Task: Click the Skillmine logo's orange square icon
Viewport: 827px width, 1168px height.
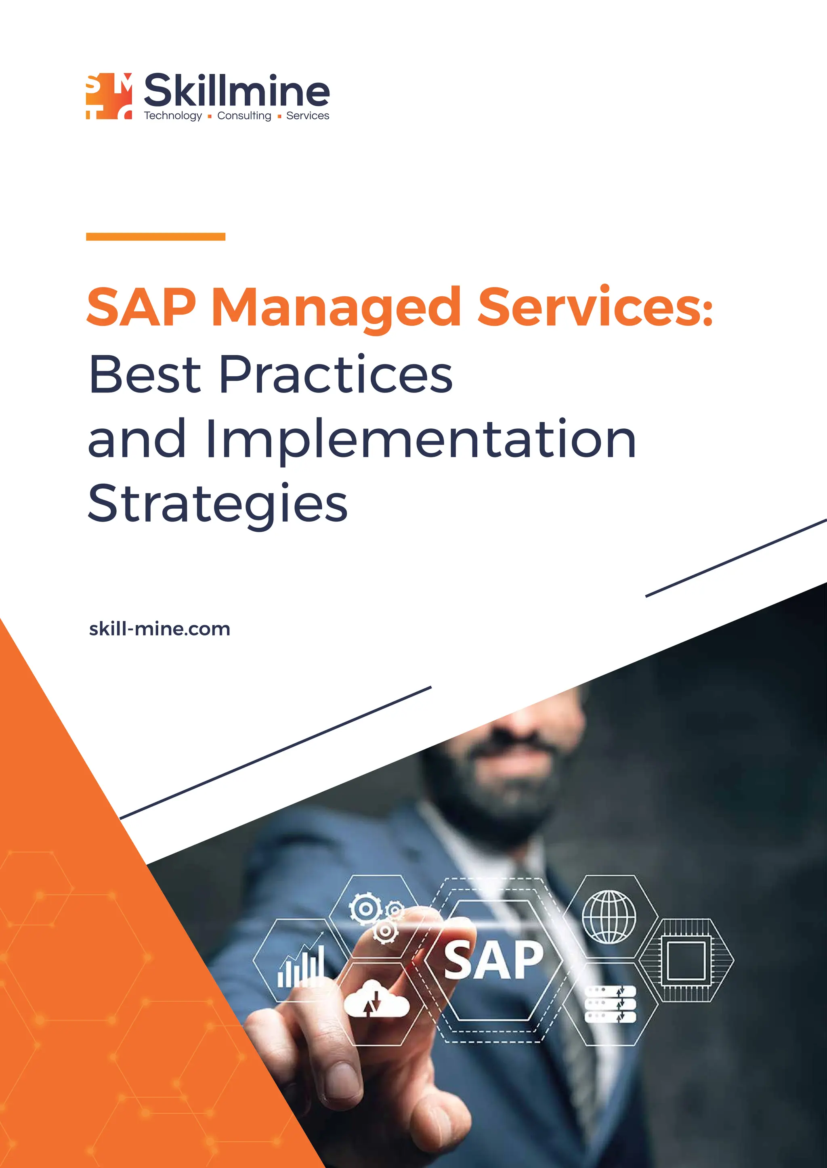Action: tap(109, 96)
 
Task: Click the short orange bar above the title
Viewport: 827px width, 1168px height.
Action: tap(155, 236)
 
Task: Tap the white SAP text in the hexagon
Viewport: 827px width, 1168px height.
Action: tap(493, 960)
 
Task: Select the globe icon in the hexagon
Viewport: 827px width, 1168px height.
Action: tap(609, 916)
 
